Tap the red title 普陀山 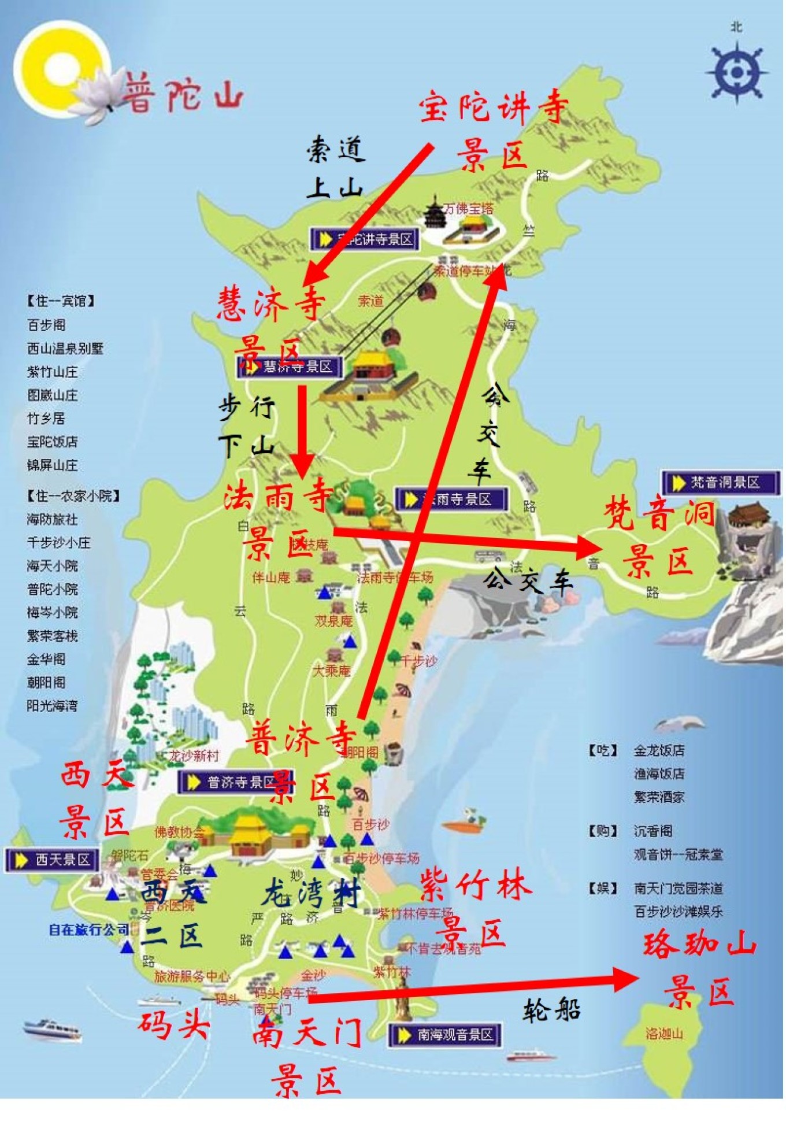[x=184, y=92]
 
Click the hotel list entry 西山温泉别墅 [x=65, y=349]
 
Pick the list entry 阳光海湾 [x=52, y=706]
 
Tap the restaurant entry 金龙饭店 [x=659, y=750]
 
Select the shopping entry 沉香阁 [x=653, y=831]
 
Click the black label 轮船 [x=551, y=1010]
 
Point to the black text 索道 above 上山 [x=335, y=150]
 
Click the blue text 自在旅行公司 [x=88, y=930]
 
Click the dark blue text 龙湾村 [x=310, y=893]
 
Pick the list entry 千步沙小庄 [x=58, y=543]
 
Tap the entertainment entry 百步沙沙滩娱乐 [x=678, y=912]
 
